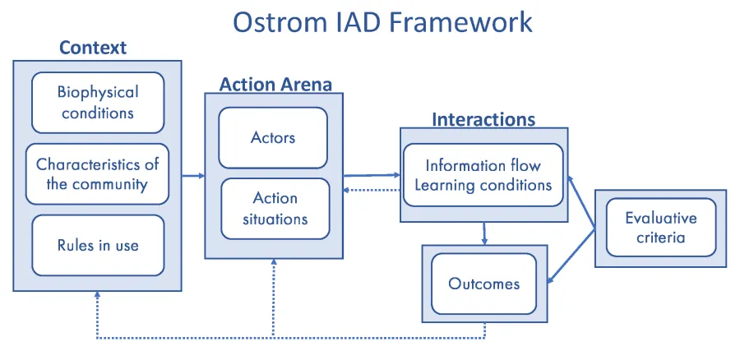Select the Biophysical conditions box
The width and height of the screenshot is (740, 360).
tap(98, 102)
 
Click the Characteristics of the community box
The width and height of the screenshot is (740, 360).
tap(98, 173)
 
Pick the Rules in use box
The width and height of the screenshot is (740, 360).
tap(98, 245)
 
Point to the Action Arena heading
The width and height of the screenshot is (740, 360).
tap(275, 84)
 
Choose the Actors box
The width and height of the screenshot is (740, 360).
tap(273, 137)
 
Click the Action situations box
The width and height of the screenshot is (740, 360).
tap(275, 209)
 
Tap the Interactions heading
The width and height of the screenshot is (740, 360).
tap(483, 119)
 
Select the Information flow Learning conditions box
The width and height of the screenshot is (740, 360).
tap(483, 175)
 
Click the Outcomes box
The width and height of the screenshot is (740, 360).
tap(483, 284)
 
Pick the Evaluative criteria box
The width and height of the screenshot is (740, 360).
tap(660, 228)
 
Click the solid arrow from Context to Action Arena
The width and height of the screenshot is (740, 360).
tap(192, 175)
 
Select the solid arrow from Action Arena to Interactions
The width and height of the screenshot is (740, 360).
tap(372, 174)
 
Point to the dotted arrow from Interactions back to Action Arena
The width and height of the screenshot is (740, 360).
tap(372, 190)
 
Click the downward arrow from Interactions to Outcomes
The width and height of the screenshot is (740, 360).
tap(484, 233)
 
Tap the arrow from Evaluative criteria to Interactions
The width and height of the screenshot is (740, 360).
tap(582, 201)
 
